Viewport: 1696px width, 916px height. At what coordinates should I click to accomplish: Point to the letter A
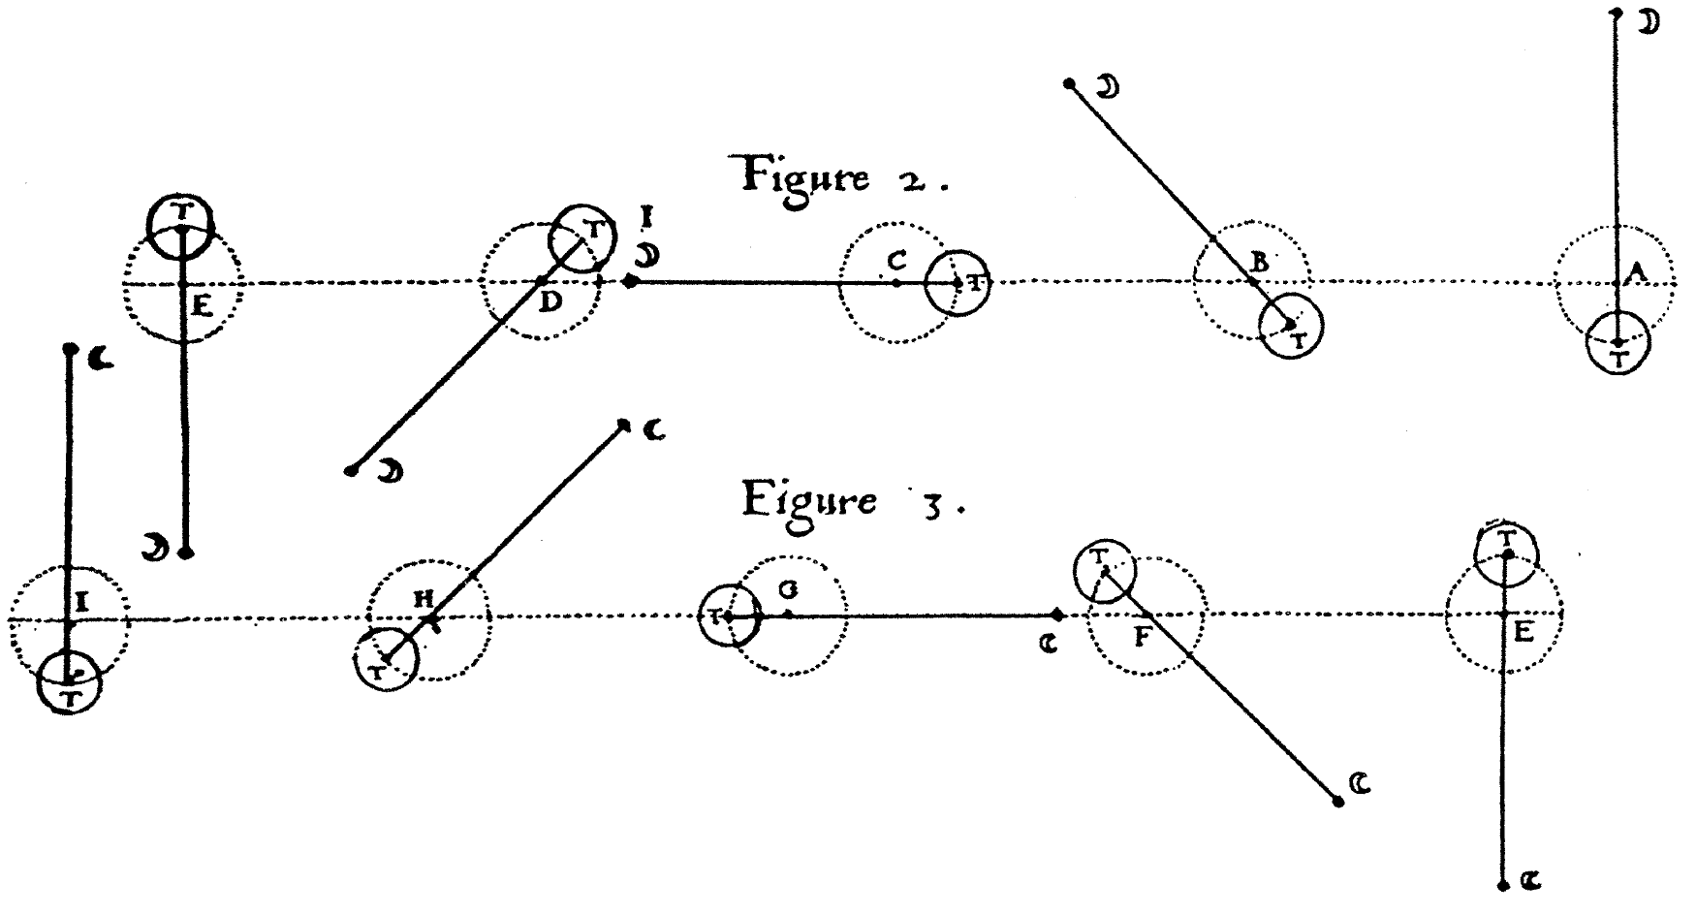pyautogui.click(x=1636, y=276)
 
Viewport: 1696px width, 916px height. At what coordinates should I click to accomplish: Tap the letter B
pyautogui.click(x=1260, y=262)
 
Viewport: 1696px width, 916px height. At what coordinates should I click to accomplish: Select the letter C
pyautogui.click(x=896, y=260)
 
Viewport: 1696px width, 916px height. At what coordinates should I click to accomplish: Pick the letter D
pyautogui.click(x=550, y=302)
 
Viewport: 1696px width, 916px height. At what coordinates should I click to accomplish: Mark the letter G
pyautogui.click(x=791, y=589)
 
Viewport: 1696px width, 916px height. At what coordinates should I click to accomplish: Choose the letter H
pyautogui.click(x=424, y=598)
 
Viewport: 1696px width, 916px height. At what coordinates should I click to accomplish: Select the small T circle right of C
pyautogui.click(x=958, y=284)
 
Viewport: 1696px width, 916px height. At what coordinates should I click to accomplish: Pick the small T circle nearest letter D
pyautogui.click(x=581, y=237)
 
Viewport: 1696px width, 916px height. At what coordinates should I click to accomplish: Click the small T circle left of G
pyautogui.click(x=731, y=616)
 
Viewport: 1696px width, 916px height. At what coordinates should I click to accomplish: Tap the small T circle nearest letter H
pyautogui.click(x=386, y=659)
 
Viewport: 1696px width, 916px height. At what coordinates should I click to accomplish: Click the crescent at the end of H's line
pyautogui.click(x=655, y=430)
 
